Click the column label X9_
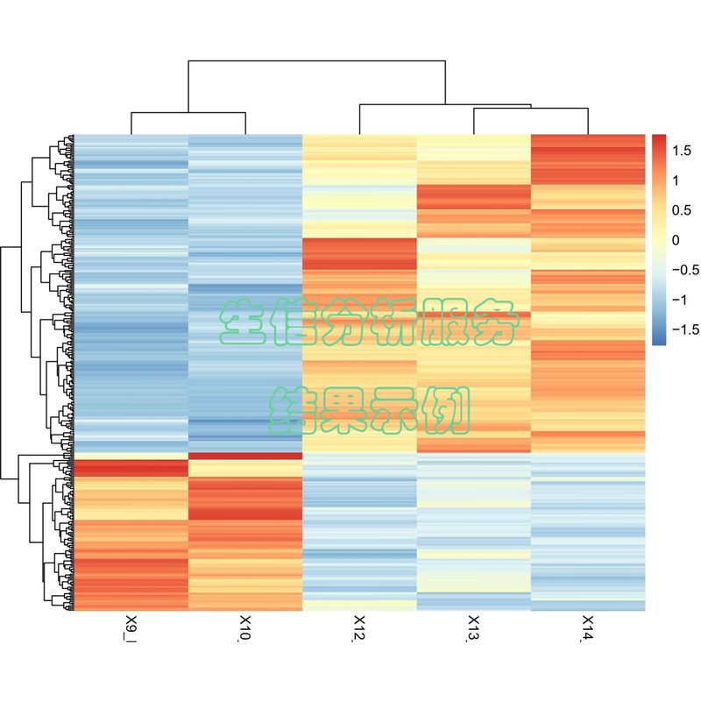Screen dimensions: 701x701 pyautogui.click(x=131, y=628)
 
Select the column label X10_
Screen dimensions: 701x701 pyautogui.click(x=245, y=630)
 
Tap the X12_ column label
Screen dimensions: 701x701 pyautogui.click(x=359, y=630)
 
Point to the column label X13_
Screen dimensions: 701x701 pyautogui.click(x=473, y=630)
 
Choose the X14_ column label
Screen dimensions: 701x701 pyautogui.click(x=587, y=630)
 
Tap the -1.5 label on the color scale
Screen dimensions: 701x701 pyautogui.click(x=686, y=329)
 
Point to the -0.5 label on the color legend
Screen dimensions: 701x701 pyautogui.click(x=686, y=270)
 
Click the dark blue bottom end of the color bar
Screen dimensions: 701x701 pyautogui.click(x=659, y=341)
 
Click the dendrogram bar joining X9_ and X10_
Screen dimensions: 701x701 pyautogui.click(x=188, y=113)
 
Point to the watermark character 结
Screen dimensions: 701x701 pyautogui.click(x=293, y=410)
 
